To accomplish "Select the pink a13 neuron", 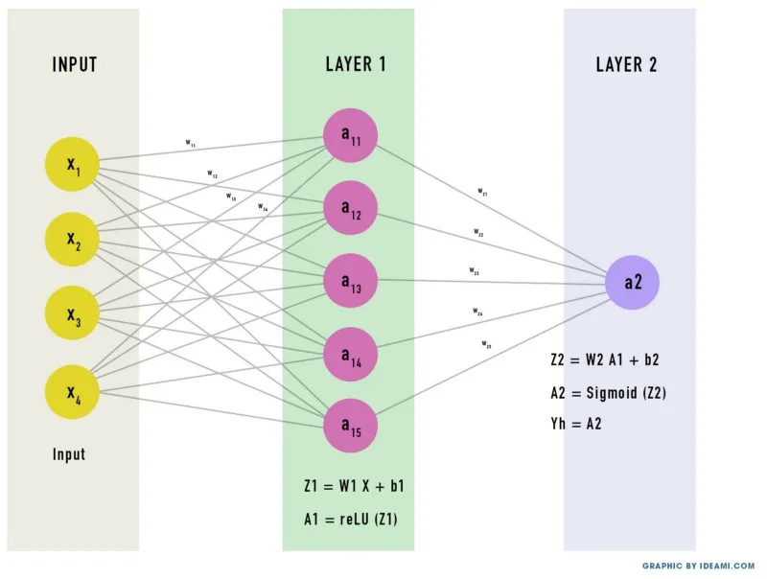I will (351, 282).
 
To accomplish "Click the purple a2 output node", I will (633, 282).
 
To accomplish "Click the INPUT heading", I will (75, 65).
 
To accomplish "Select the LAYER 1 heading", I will (356, 65).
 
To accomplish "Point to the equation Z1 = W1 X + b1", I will (353, 486).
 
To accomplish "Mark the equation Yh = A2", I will (578, 423).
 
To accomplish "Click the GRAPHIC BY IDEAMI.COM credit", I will (698, 566).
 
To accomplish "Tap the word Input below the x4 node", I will (69, 453).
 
